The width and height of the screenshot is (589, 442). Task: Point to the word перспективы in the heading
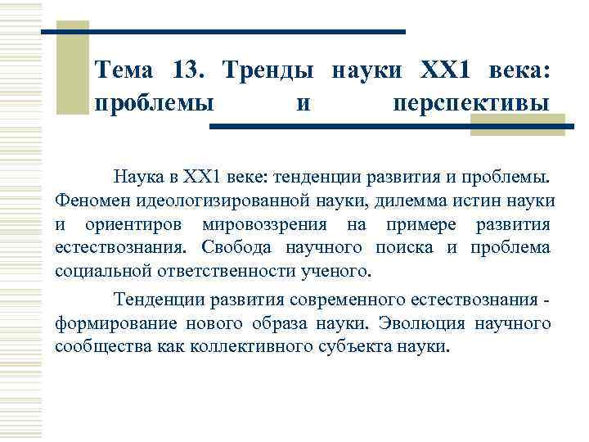pos(471,104)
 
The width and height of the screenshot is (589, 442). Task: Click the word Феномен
pos(89,201)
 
